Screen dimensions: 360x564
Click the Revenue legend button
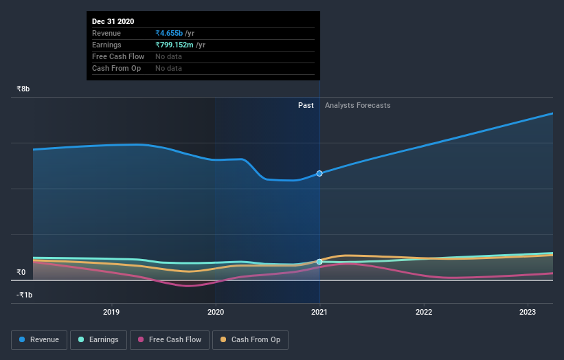coord(40,339)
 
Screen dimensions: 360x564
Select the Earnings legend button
coord(99,339)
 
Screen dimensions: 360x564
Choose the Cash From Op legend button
coord(251,339)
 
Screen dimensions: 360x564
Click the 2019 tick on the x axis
coord(111,312)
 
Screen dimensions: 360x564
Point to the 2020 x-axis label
coord(216,312)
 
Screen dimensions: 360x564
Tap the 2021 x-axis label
coord(319,312)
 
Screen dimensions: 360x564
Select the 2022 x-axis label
coord(424,312)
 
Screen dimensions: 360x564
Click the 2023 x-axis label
coord(528,312)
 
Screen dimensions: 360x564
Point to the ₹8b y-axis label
coord(23,89)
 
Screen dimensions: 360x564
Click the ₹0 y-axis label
coord(21,272)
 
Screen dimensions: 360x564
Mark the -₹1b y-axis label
coord(25,295)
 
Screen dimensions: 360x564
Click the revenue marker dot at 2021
coord(319,174)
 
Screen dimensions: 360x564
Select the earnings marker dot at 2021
coord(319,262)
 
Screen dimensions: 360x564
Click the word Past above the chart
coord(306,105)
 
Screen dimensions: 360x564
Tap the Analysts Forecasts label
coord(357,105)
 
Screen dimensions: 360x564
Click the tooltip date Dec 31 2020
coord(113,21)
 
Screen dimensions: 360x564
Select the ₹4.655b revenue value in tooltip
coord(170,33)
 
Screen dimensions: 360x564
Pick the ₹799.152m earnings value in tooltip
coord(175,45)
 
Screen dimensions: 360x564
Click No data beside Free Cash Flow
coord(168,56)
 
